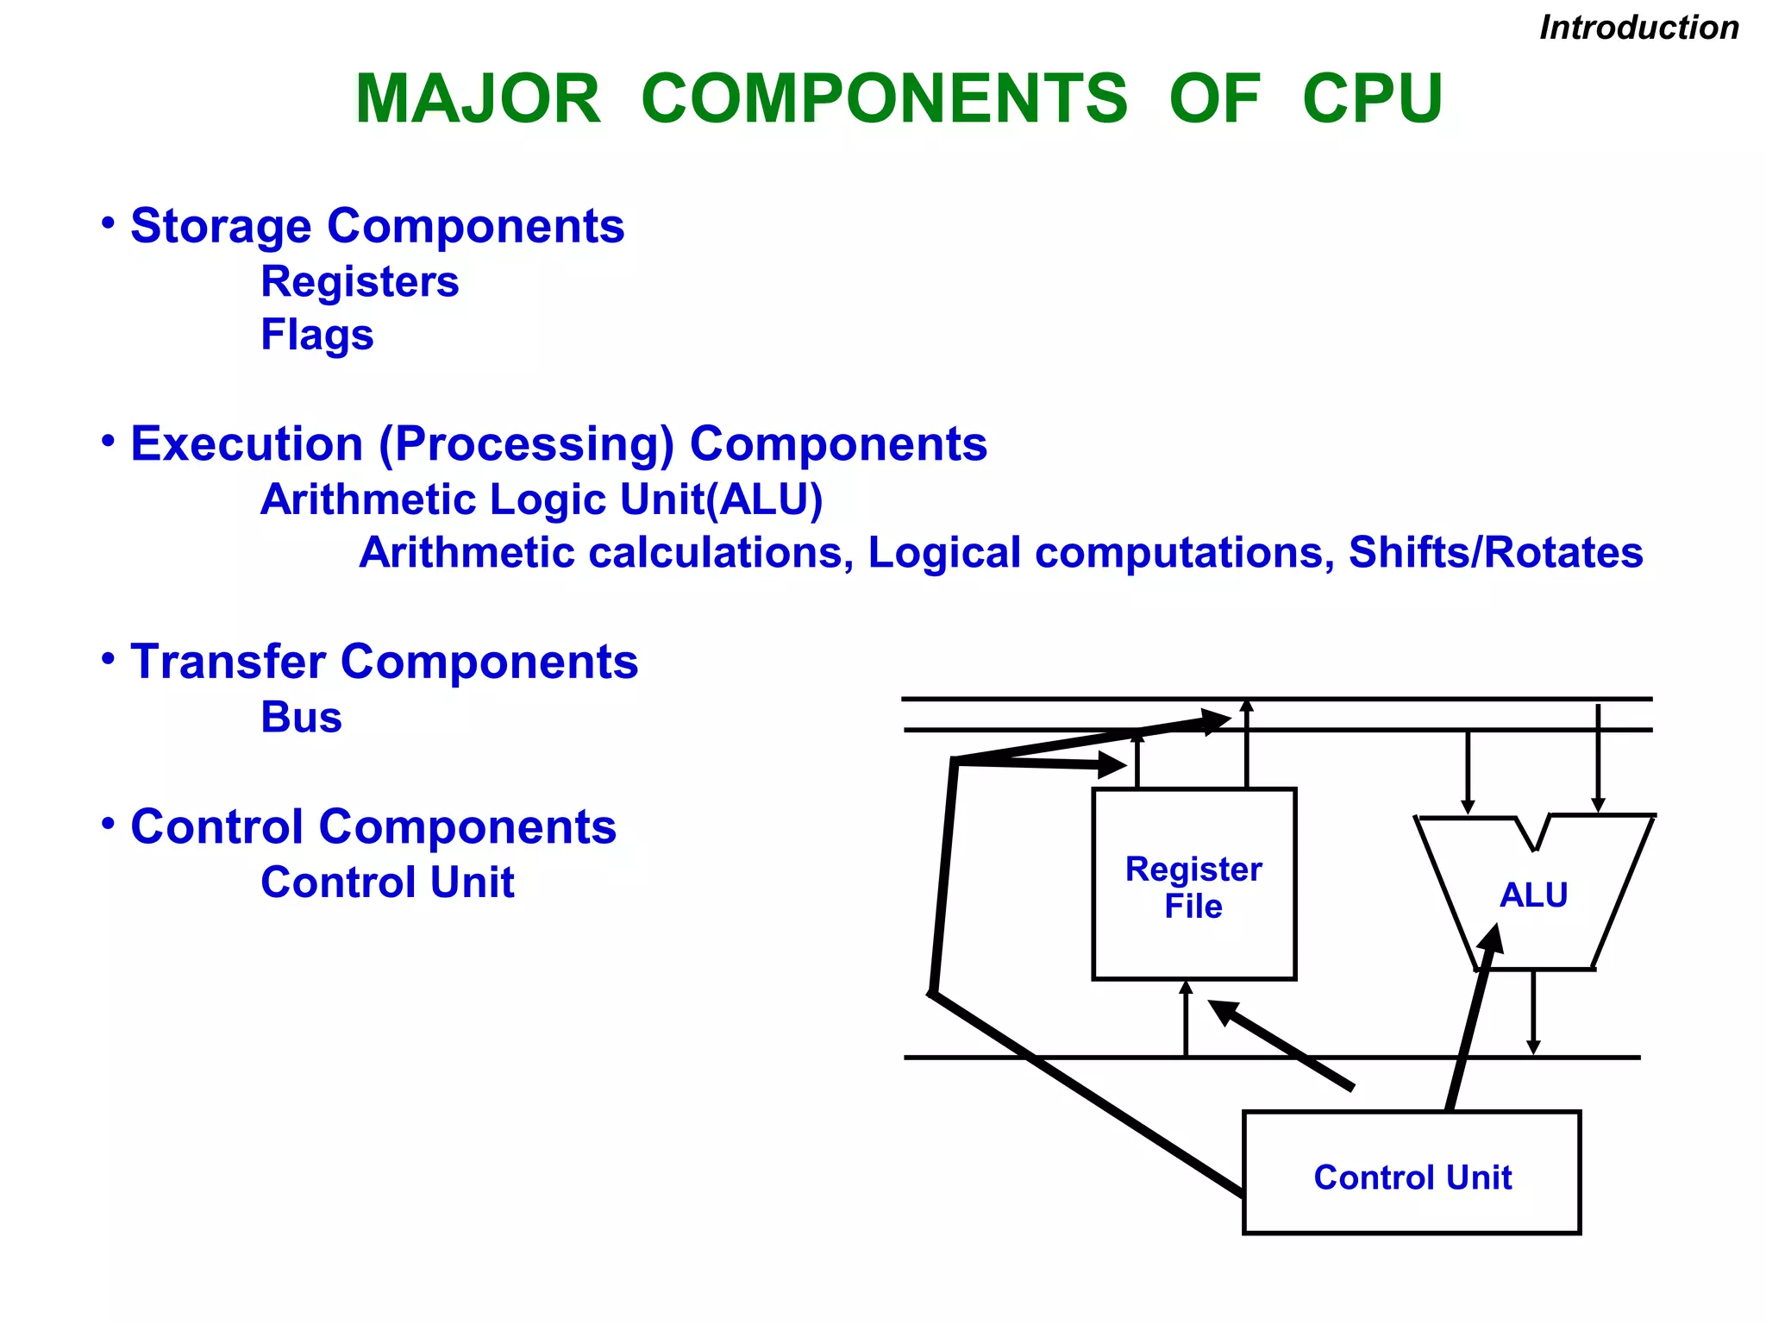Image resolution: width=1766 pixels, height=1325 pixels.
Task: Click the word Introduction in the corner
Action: [x=1638, y=28]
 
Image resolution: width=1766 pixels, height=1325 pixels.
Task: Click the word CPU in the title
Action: [x=1372, y=98]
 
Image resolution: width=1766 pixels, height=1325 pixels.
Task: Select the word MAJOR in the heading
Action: [x=478, y=98]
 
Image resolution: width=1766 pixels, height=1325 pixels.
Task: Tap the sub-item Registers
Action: [x=360, y=282]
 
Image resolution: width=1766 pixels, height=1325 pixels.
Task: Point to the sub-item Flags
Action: [x=316, y=335]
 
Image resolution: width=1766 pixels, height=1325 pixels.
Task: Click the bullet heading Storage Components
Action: [x=377, y=226]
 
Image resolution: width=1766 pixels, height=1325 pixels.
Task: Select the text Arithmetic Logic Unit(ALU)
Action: [x=542, y=499]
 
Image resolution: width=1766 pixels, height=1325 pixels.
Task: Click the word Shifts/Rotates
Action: [x=1495, y=552]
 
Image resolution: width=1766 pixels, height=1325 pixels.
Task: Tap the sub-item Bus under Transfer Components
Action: [x=301, y=717]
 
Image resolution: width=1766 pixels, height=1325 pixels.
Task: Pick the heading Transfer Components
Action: [x=384, y=662]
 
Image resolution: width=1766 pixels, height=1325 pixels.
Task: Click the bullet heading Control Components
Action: [x=373, y=826]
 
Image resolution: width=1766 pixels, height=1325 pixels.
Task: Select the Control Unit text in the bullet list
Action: [x=387, y=882]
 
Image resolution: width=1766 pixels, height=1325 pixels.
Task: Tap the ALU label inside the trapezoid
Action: [x=1533, y=895]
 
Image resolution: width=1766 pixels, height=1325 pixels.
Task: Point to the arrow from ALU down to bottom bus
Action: [x=1532, y=1014]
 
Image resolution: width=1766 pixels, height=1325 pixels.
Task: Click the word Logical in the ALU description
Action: [x=943, y=552]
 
